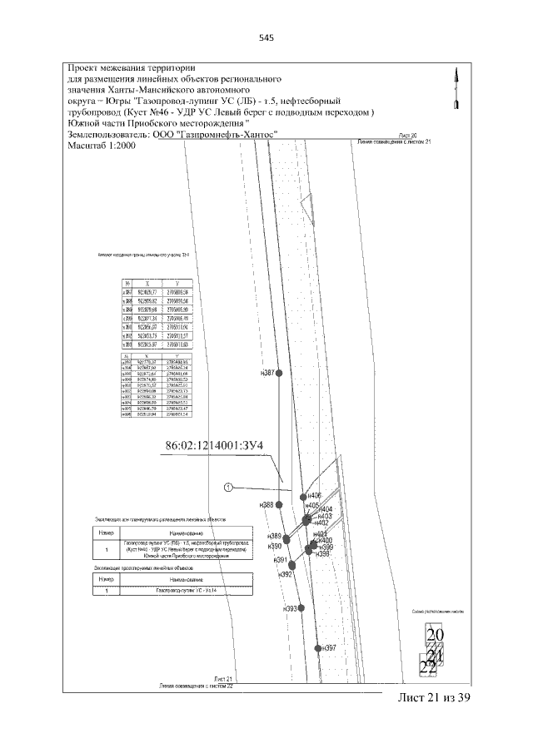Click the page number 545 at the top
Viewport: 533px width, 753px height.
tap(266, 37)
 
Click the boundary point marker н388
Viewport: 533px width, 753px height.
tap(280, 504)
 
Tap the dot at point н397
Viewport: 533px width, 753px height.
tap(318, 647)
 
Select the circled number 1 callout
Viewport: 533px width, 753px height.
tap(227, 487)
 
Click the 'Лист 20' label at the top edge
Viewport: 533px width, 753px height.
tap(407, 134)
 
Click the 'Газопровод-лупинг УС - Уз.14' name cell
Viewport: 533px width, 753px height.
tap(186, 590)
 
